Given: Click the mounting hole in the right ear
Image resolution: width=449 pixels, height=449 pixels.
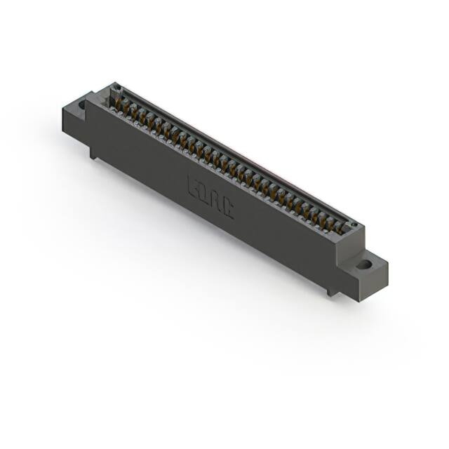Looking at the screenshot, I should tap(363, 265).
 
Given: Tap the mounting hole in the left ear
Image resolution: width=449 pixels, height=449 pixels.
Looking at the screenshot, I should tap(82, 105).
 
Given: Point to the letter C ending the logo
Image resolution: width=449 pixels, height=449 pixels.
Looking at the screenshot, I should tap(227, 207).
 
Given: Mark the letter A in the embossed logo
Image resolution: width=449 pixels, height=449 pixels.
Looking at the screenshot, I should tap(216, 200).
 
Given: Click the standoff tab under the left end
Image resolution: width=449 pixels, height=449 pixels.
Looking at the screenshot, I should tap(93, 152).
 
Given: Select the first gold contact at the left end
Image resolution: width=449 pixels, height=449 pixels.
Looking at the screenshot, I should tap(120, 104).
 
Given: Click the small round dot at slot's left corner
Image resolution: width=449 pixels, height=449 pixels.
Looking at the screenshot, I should tap(117, 88).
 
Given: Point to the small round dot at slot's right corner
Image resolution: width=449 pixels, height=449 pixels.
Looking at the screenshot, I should tap(355, 225).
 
